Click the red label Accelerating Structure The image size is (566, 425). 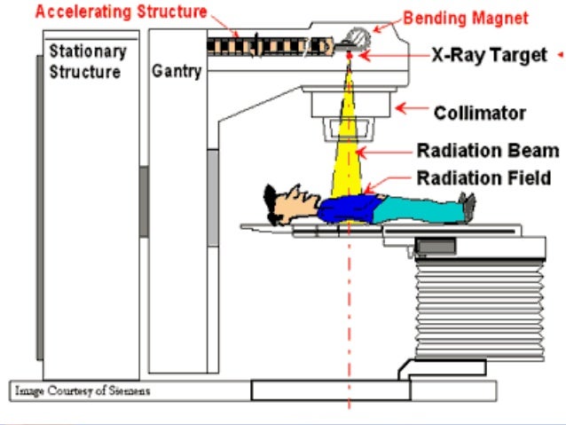click(121, 12)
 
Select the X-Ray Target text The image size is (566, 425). click(489, 55)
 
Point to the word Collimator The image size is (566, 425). click(479, 113)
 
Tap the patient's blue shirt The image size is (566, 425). click(346, 209)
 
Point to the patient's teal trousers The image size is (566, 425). click(417, 209)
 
